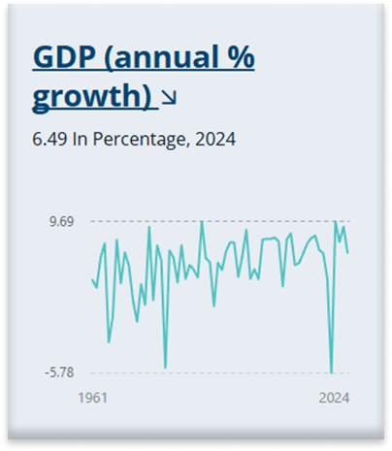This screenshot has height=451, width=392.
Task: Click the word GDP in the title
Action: (x=62, y=58)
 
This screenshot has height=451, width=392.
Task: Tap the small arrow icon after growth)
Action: (x=169, y=97)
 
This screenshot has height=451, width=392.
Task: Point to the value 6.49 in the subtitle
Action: (x=49, y=139)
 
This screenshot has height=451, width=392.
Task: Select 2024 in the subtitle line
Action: (x=214, y=139)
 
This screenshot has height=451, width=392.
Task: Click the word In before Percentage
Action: (x=84, y=139)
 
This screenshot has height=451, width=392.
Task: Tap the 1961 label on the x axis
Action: (x=91, y=398)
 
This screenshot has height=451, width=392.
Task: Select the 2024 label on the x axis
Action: (x=334, y=398)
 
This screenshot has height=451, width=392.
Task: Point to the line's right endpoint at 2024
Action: (x=347, y=252)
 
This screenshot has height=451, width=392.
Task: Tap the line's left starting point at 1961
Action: (x=92, y=280)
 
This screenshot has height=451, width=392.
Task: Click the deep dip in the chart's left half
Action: (x=165, y=368)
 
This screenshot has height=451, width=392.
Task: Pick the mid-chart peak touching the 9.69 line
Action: (x=202, y=222)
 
